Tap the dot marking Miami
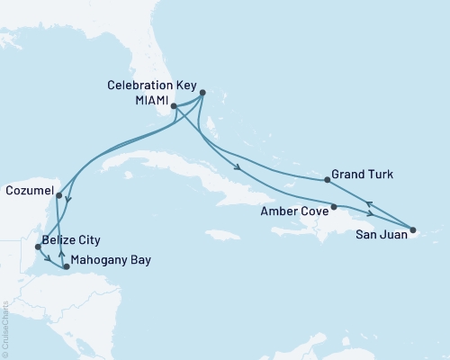coord(174,105)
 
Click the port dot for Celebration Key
coord(202,92)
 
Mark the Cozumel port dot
coord(58,194)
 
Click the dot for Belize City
coord(37,245)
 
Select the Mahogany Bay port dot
coord(67,266)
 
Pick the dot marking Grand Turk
coord(327,180)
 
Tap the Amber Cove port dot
coord(334,207)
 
